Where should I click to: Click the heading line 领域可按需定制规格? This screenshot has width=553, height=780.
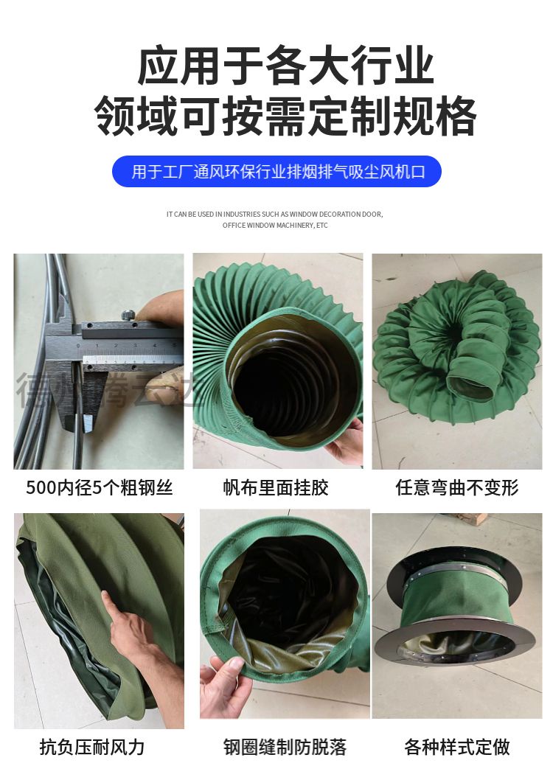point(285,115)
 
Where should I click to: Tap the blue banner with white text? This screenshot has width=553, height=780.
point(276,172)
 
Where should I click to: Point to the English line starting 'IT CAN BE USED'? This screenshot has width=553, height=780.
point(275,215)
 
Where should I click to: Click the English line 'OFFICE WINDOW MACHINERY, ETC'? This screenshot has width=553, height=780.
point(275,226)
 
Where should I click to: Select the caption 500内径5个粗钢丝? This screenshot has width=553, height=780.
point(99,487)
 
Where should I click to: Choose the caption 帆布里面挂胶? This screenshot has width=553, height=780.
point(276,487)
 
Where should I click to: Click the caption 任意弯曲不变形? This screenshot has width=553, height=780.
point(456,487)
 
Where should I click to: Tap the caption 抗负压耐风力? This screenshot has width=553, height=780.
point(92,747)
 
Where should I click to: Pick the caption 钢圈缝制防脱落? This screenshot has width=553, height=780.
point(285,747)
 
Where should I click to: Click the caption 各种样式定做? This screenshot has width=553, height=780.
point(456,747)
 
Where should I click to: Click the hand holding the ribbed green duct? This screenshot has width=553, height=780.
point(345,443)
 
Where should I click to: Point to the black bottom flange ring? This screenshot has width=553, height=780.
point(457,649)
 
